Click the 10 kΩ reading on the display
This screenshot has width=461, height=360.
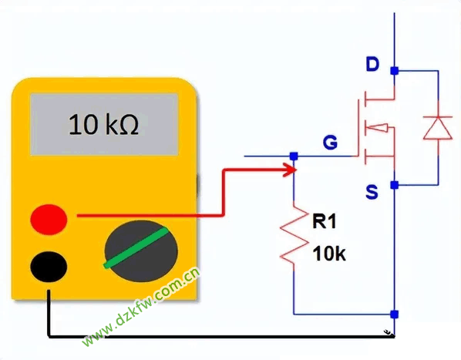(103, 124)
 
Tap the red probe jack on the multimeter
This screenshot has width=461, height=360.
(49, 220)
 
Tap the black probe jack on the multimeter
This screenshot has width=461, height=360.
(49, 267)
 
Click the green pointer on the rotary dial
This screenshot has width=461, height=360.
(136, 247)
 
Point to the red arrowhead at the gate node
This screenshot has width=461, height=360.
(290, 170)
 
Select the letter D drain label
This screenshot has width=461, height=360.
(372, 64)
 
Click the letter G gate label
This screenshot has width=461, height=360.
(330, 143)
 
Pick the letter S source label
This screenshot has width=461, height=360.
(372, 192)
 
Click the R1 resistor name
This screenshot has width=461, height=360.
(324, 221)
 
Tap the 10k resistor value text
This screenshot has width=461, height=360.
(329, 254)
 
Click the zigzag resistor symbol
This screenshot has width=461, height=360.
(294, 235)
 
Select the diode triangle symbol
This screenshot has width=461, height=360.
(438, 127)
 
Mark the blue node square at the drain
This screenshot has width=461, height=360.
(394, 71)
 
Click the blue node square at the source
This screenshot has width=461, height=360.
(394, 185)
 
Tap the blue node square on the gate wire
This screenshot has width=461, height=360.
(294, 156)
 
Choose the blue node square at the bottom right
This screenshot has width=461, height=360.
(394, 315)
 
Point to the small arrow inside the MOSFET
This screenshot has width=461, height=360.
(378, 127)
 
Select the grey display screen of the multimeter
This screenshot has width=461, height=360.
(104, 124)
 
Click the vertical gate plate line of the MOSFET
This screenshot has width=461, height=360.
(358, 127)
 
